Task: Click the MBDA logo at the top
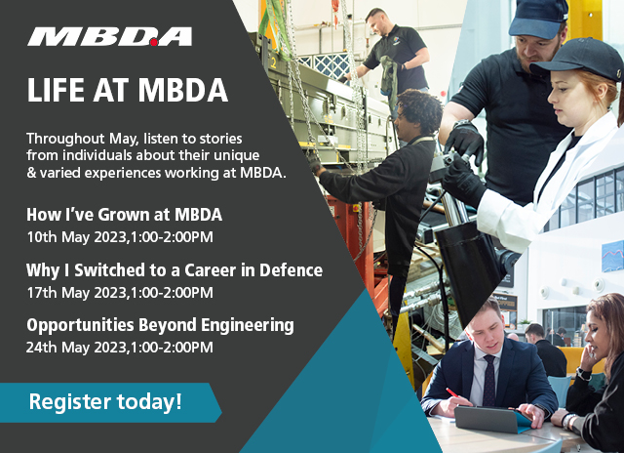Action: (x=109, y=37)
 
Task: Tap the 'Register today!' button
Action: (x=104, y=400)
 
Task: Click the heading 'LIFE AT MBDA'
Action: (x=127, y=90)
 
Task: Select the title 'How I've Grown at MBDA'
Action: (x=124, y=215)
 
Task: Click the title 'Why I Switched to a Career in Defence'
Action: (x=174, y=270)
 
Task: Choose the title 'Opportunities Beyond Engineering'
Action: (x=160, y=325)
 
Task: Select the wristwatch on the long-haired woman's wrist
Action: (x=583, y=373)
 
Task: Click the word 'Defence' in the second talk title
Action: (x=290, y=270)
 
